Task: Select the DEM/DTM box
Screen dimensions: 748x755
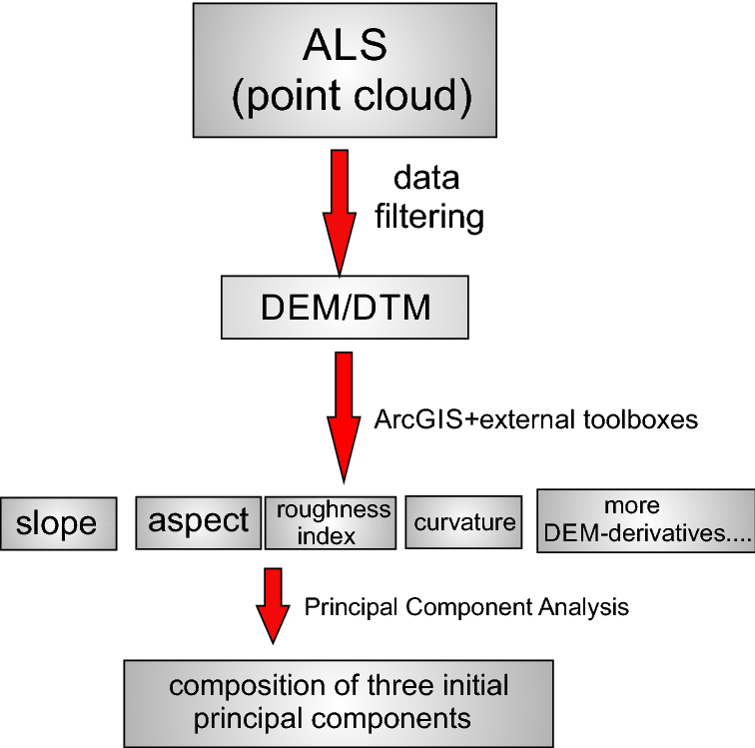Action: pos(345,308)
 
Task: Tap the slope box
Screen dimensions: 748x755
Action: pos(57,522)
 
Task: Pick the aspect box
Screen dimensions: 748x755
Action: pos(198,520)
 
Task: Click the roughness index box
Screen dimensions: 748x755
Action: pos(330,522)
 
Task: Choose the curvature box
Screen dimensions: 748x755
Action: pos(463,521)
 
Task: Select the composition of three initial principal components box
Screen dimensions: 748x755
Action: pos(338,702)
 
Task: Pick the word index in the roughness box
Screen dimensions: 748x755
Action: pos(331,536)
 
